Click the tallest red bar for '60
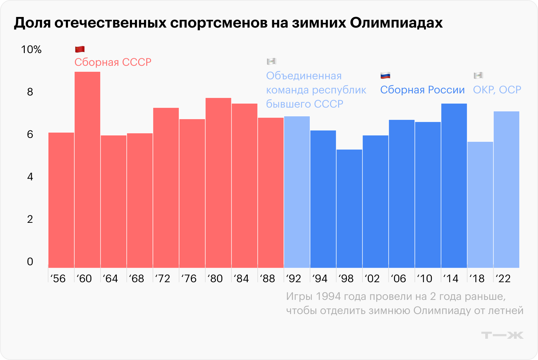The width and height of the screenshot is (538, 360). coord(87,170)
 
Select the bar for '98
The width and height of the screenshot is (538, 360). coord(349,209)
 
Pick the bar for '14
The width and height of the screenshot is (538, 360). coord(454,186)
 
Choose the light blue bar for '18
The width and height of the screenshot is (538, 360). coord(480,205)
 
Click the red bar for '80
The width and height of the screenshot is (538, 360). coord(218,183)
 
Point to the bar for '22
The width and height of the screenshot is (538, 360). coord(506,190)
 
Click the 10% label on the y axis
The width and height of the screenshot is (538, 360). coord(31,50)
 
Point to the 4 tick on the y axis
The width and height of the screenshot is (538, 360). coord(30,177)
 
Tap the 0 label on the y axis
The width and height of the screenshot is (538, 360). coord(30,262)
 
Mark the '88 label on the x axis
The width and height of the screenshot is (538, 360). coord(268,279)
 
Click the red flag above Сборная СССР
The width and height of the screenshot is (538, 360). coord(80,49)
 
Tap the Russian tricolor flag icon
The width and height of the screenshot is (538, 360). coord(385,75)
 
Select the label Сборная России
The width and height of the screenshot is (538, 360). coord(422,90)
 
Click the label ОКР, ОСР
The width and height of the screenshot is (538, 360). coord(497,90)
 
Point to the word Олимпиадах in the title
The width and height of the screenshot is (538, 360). coord(396,23)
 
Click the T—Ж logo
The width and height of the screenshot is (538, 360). coord(502,335)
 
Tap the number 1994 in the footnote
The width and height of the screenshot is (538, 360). coord(328,296)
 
